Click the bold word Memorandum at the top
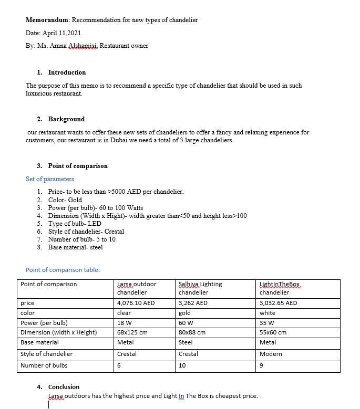[x=47, y=20]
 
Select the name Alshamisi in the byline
[x=84, y=46]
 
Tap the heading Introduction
[x=67, y=72]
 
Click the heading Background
[x=66, y=119]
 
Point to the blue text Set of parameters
[x=50, y=179]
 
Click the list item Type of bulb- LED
[x=75, y=224]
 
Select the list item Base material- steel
[x=75, y=247]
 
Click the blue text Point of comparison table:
[x=63, y=270]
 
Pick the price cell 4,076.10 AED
[x=136, y=303]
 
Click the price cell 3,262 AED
[x=193, y=303]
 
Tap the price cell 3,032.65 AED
[x=278, y=303]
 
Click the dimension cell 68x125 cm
[x=132, y=332]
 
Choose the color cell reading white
[x=268, y=313]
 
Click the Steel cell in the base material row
[x=186, y=342]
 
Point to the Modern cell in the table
[x=271, y=354]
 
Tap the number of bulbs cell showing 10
[x=182, y=365]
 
